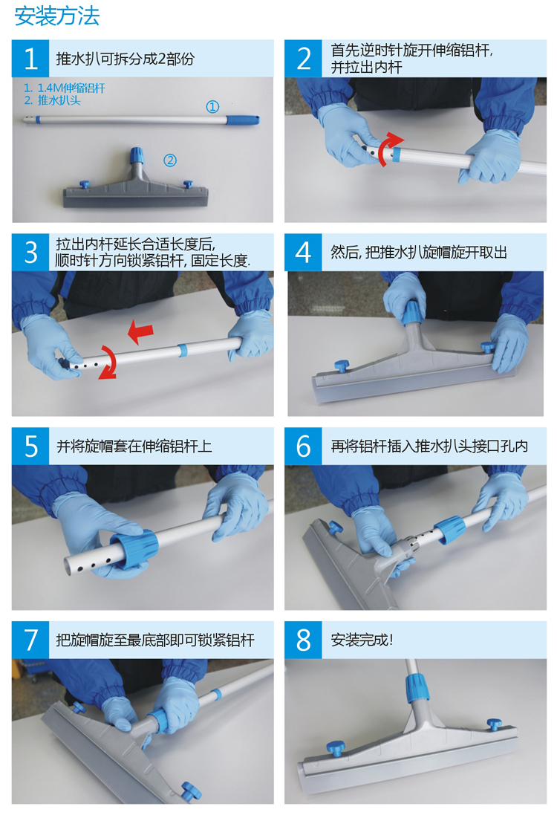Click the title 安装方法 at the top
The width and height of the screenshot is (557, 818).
(57, 16)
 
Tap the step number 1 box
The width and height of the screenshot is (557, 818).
(30, 59)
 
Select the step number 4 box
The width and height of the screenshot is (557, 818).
(303, 252)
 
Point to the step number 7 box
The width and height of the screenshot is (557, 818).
(30, 640)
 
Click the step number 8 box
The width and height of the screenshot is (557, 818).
(303, 640)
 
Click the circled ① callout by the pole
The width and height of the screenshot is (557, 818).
(212, 107)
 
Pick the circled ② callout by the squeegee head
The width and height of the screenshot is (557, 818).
(170, 160)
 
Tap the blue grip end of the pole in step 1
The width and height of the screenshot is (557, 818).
(243, 120)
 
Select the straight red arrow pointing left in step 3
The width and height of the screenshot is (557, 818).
(141, 332)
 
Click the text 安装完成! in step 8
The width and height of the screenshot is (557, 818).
(362, 640)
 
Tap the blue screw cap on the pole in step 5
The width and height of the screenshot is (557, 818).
(137, 548)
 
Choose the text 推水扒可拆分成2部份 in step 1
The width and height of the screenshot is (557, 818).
(126, 59)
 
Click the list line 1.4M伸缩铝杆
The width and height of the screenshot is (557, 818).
(65, 88)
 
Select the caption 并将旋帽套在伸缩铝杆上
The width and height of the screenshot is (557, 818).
(134, 446)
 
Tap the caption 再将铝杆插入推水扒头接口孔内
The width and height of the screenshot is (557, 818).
(430, 446)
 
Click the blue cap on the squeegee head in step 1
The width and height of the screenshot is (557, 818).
(136, 155)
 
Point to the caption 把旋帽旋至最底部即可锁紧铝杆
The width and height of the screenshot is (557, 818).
(155, 640)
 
